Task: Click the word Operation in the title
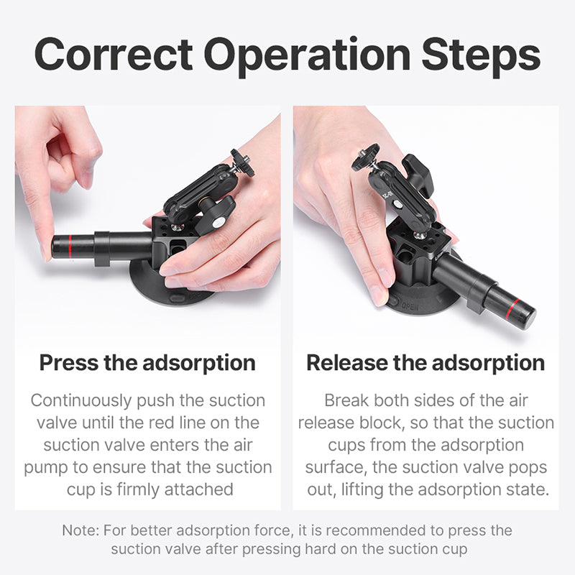[308, 57]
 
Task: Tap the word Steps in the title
[481, 57]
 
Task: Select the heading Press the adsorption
[147, 363]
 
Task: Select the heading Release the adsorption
[425, 363]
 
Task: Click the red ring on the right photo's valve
[511, 309]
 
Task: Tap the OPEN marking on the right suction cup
[410, 306]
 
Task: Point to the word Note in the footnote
[80, 530]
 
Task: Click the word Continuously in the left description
[81, 401]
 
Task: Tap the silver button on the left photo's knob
[219, 222]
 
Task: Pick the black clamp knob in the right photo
[418, 174]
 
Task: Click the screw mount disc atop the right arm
[365, 157]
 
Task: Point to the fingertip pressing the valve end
[47, 253]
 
